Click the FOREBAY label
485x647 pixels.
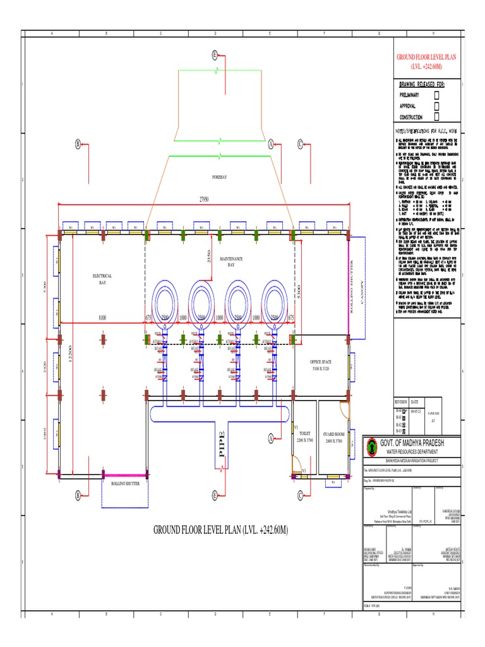[219, 178]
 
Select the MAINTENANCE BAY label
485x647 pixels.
[231, 262]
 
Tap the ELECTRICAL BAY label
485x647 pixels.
[102, 279]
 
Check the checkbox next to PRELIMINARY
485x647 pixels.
[436, 95]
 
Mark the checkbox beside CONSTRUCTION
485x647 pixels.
[436, 117]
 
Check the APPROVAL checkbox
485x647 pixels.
[436, 106]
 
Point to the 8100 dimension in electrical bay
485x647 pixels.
[102, 317]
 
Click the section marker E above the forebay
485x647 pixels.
[215, 56]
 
